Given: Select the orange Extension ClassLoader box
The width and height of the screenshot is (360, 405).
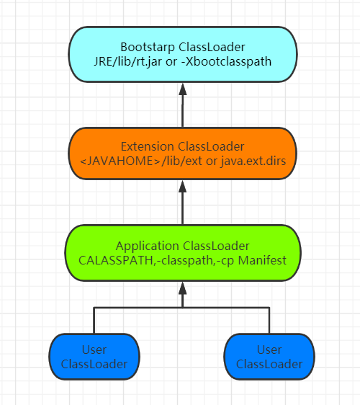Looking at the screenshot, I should [x=182, y=153].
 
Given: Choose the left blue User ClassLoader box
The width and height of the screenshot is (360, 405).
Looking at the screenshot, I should [x=94, y=357].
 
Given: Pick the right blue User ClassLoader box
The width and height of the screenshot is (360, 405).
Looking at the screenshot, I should [x=269, y=357].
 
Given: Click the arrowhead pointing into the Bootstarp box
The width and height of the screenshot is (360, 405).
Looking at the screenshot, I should [x=183, y=89].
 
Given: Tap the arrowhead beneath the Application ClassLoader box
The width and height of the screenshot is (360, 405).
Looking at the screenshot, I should [x=183, y=288].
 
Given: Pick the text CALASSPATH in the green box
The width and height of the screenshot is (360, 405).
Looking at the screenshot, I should [x=122, y=260].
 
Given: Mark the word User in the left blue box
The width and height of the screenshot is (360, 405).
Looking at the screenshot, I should [x=94, y=350].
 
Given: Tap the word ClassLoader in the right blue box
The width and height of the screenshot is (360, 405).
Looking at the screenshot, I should [x=269, y=364].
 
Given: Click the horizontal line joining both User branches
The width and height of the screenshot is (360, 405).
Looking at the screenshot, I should [x=182, y=308].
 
